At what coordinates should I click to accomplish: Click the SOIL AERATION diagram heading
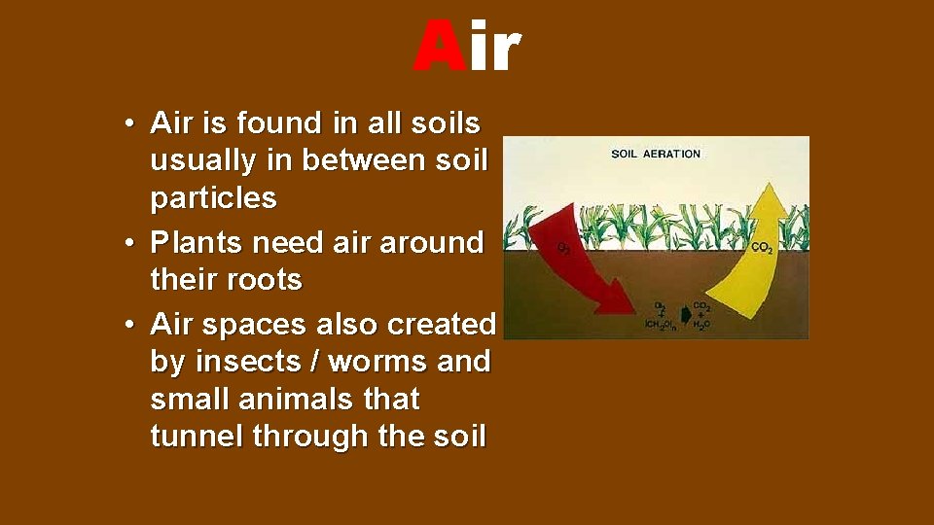point(655,154)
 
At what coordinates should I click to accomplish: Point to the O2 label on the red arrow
point(563,248)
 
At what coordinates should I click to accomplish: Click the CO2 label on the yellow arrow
point(763,248)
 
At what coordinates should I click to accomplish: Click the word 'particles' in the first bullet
point(213,198)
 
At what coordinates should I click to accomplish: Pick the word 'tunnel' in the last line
point(198,437)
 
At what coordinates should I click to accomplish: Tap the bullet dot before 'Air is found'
point(128,124)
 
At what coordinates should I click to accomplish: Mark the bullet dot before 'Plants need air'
point(128,243)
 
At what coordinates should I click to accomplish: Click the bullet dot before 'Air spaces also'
point(128,325)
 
